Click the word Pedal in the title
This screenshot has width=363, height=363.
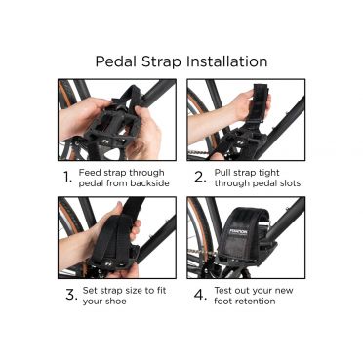(115, 61)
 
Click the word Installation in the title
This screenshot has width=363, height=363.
(227, 61)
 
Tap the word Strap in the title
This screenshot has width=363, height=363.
(161, 62)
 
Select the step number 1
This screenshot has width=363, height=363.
(67, 178)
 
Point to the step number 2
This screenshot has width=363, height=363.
(200, 178)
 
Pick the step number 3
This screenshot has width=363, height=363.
(71, 295)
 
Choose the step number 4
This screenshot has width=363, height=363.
(200, 295)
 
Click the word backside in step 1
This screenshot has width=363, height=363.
(149, 183)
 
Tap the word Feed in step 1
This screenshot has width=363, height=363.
(89, 173)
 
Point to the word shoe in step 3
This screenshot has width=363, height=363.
(115, 302)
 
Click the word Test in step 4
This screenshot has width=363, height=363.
(223, 290)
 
